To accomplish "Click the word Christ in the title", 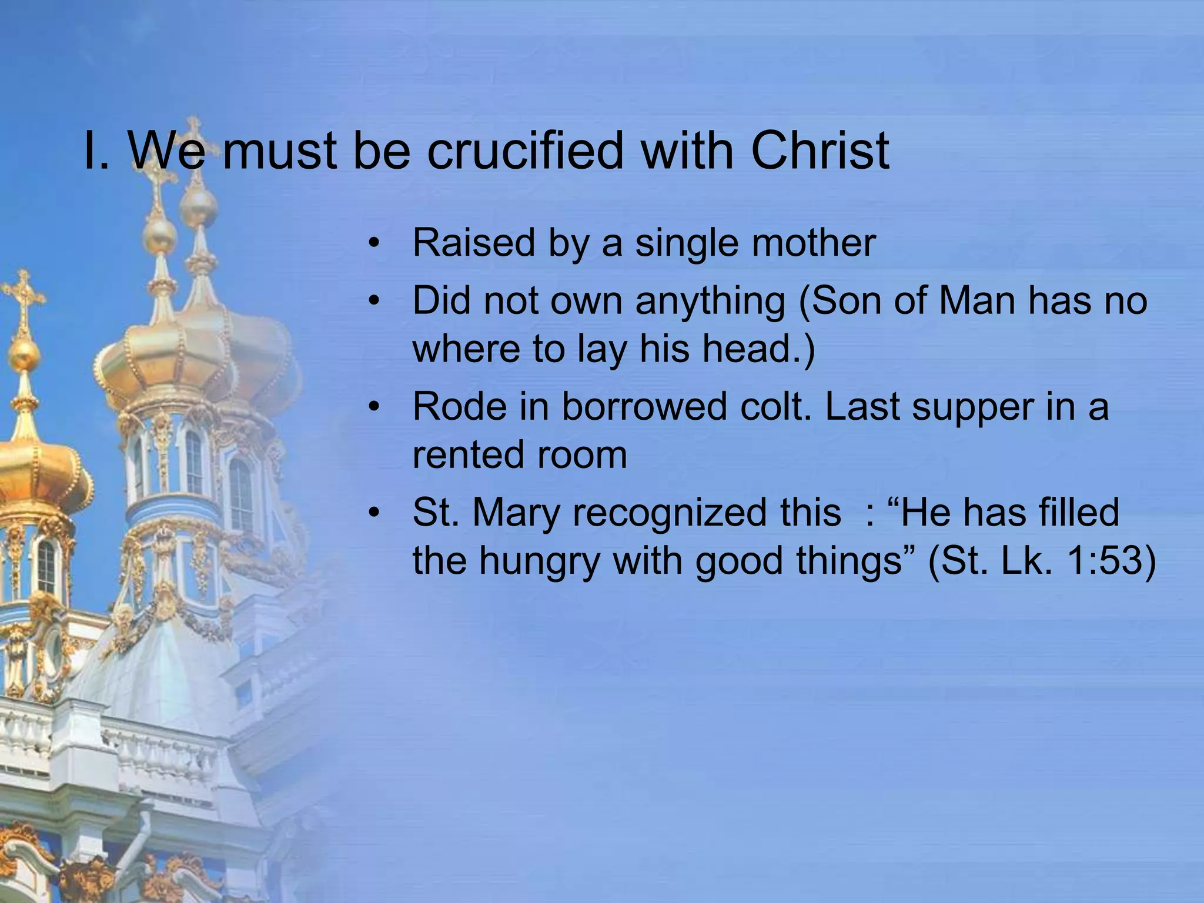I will point(820,150).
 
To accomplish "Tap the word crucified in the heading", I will point(524,150).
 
